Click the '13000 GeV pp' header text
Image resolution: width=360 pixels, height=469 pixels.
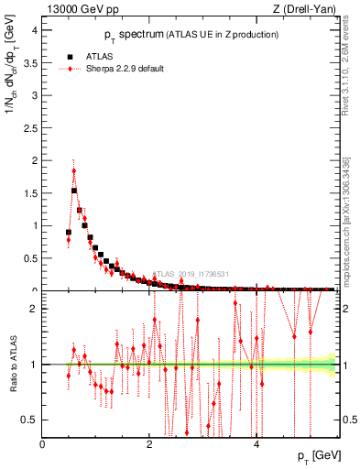(76, 9)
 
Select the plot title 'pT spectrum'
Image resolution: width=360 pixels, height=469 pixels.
(138, 35)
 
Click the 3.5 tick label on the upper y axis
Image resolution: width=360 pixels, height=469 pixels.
(30, 62)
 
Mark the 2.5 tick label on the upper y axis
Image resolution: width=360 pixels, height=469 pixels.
(30, 127)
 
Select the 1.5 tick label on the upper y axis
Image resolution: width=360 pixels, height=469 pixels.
(30, 192)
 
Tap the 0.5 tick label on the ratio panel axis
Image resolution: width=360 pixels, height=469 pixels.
(30, 420)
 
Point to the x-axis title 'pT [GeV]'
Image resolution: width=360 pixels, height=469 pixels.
(317, 456)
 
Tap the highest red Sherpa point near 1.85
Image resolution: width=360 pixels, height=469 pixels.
(73, 170)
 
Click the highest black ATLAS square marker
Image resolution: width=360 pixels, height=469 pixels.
(74, 191)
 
